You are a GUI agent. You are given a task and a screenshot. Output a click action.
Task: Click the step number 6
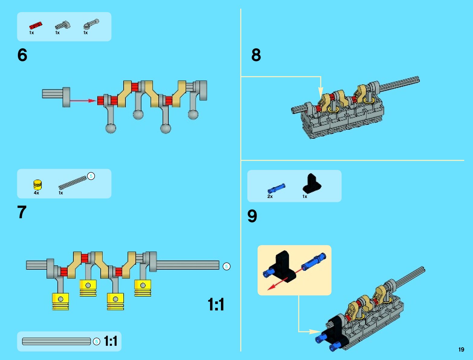tap(22, 55)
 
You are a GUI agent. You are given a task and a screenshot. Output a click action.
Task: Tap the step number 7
tap(22, 212)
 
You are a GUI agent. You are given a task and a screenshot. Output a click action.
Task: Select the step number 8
tap(256, 55)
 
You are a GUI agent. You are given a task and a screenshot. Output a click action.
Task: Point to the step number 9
tap(252, 216)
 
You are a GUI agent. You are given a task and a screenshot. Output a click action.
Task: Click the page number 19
tap(461, 349)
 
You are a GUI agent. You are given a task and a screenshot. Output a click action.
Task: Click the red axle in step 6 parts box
tap(35, 25)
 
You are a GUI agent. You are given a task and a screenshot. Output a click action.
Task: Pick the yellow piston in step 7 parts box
tap(37, 184)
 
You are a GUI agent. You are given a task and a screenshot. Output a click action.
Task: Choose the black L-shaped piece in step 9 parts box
tap(312, 184)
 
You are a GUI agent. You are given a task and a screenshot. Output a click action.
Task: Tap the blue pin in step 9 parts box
tap(276, 188)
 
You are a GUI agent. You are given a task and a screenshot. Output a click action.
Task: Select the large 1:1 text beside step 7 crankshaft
tap(216, 304)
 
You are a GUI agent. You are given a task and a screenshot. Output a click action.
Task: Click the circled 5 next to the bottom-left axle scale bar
tap(96, 342)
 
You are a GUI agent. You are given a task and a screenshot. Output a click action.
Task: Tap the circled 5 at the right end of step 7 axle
tap(226, 266)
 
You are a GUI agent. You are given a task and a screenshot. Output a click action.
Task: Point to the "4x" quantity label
tap(36, 193)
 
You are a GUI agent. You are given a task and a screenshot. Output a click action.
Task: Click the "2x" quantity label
tap(270, 196)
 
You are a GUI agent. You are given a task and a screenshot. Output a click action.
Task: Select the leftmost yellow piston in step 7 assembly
tap(60, 301)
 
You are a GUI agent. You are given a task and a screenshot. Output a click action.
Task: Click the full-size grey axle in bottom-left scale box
tap(57, 342)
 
